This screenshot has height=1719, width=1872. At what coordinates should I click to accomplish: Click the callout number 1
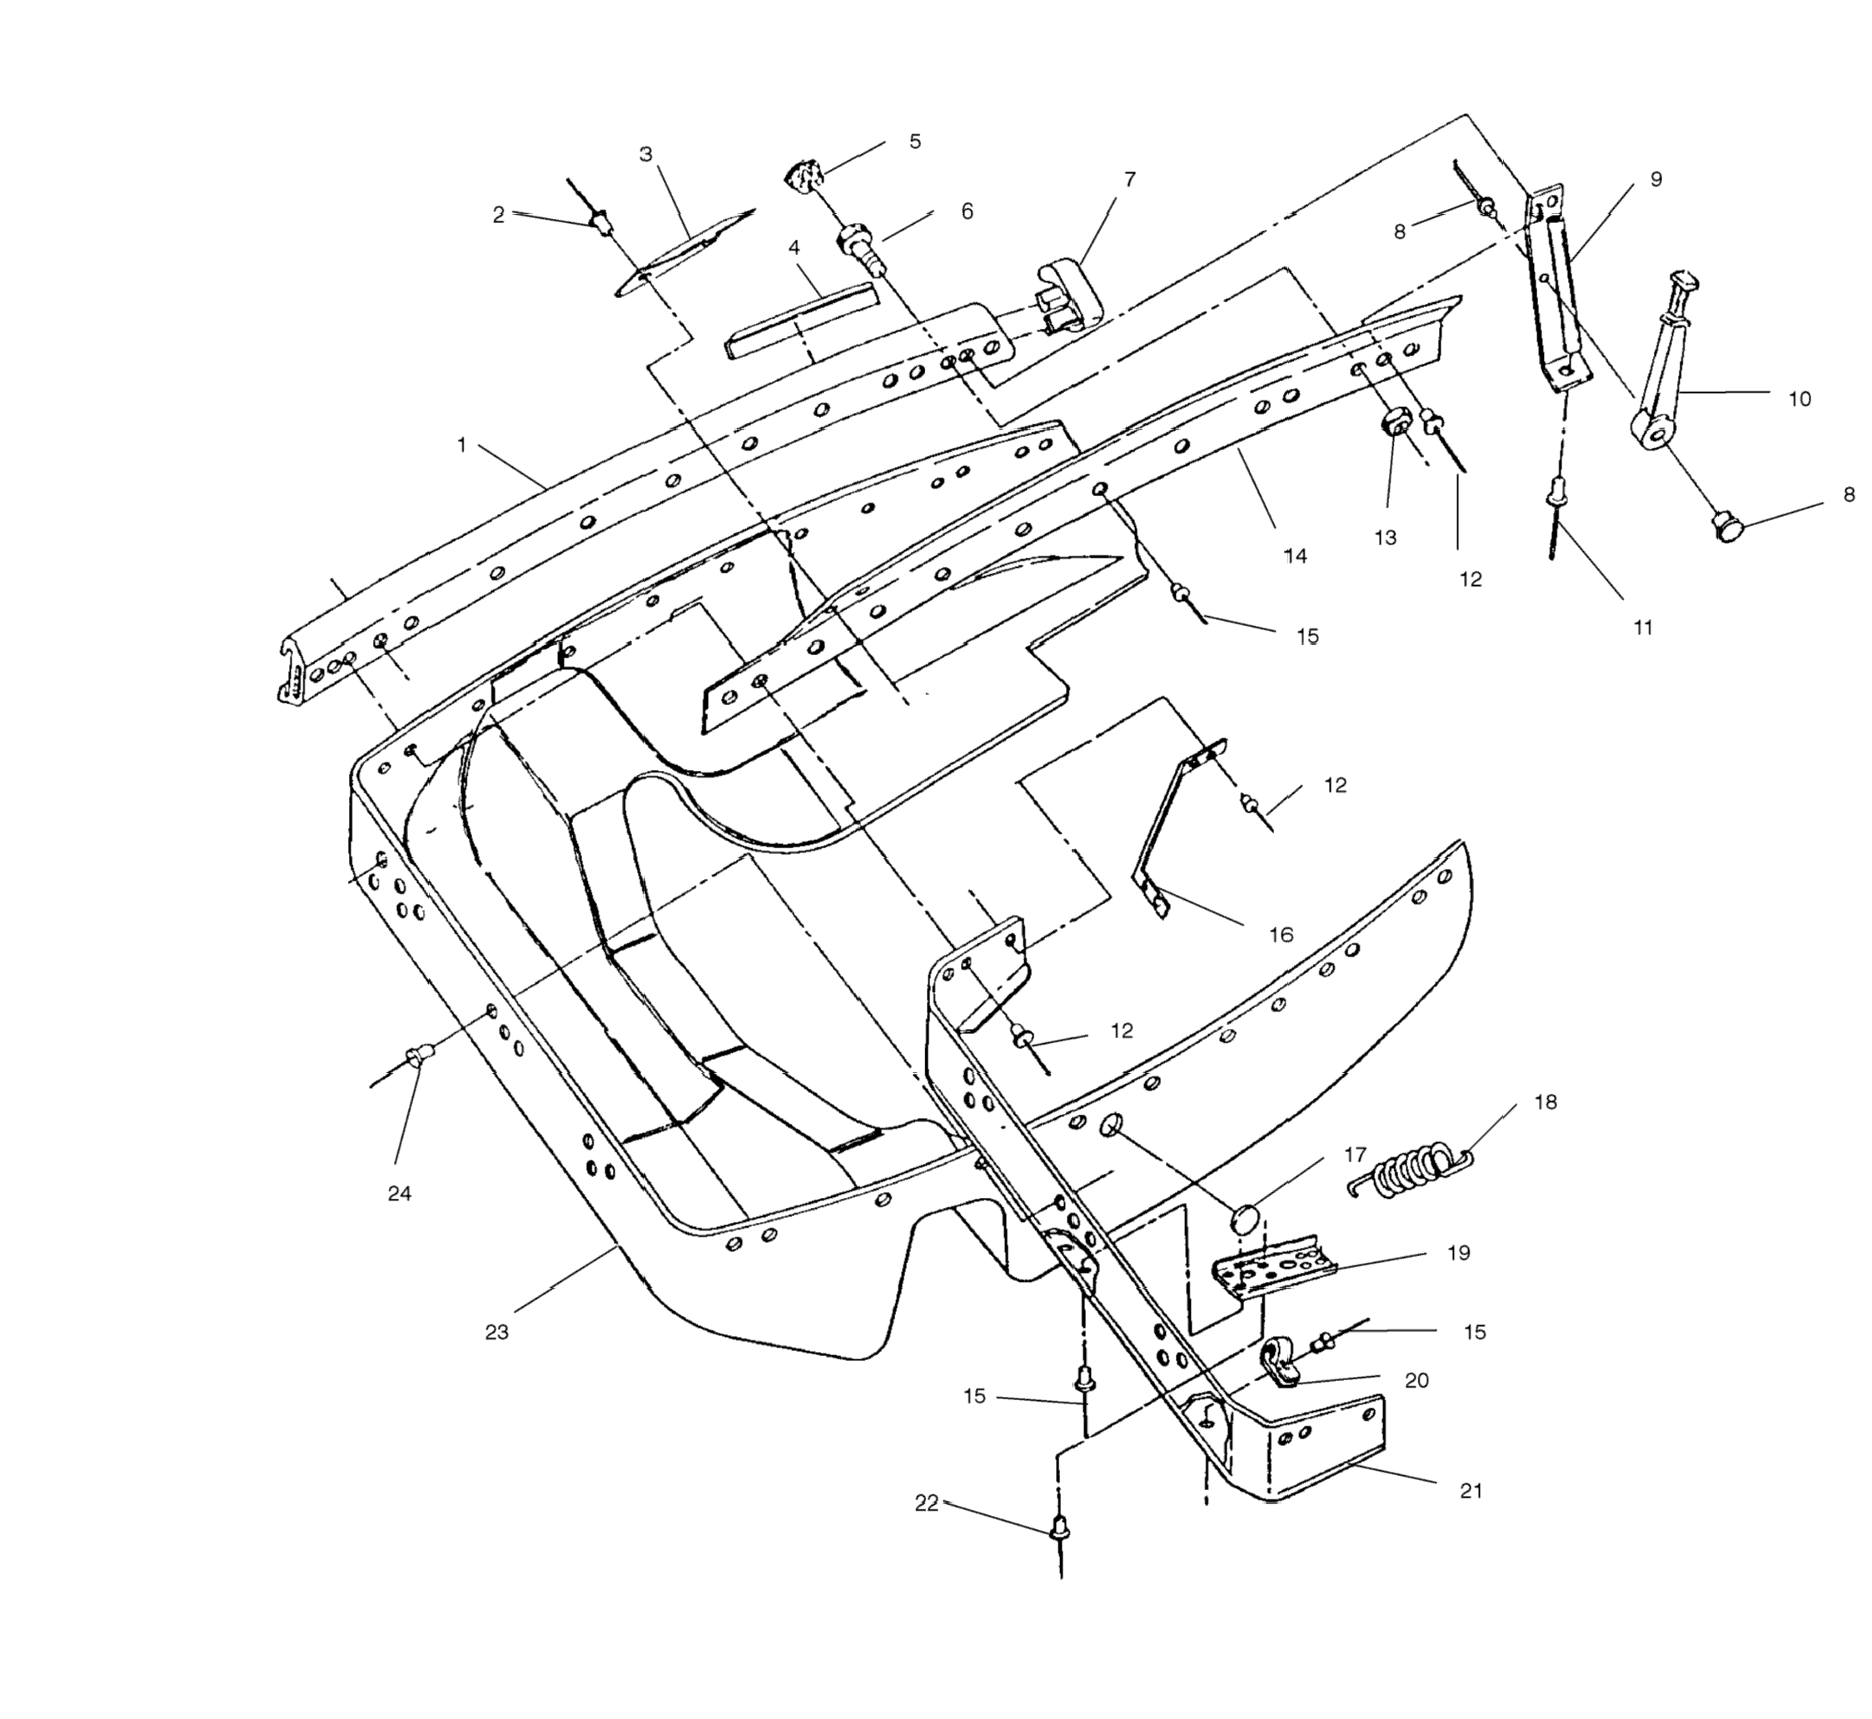point(461,445)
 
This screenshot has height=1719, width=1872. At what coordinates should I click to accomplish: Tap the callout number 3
point(645,154)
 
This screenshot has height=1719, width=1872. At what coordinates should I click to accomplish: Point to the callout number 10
point(1800,399)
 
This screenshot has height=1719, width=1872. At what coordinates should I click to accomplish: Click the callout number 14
point(1295,556)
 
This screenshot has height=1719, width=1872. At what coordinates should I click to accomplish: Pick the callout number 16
point(1282,935)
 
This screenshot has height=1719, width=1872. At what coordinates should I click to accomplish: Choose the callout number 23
point(497,1332)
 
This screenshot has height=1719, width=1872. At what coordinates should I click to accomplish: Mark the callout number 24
point(399,1194)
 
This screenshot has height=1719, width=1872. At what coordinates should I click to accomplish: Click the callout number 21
point(1471,1491)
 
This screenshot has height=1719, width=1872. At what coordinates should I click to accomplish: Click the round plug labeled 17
point(1246,1219)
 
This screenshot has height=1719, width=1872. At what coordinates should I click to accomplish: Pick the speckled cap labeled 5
point(802,175)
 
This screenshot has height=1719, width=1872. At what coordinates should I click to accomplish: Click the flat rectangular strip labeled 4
point(800,321)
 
